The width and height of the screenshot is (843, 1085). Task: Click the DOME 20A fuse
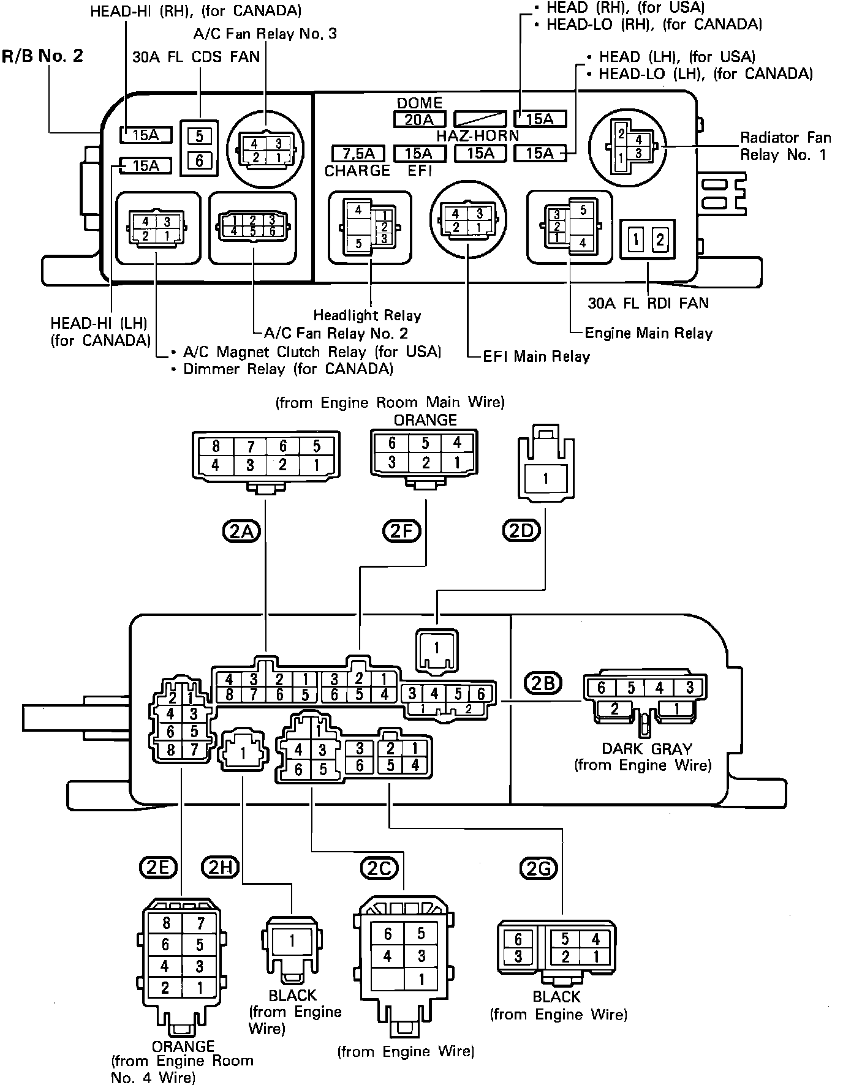click(x=419, y=119)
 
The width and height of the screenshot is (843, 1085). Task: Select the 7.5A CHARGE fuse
click(x=357, y=153)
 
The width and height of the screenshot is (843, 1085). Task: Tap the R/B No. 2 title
click(x=42, y=56)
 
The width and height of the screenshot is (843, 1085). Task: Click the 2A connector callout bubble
click(x=241, y=531)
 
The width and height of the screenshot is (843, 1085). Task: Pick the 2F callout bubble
click(x=401, y=531)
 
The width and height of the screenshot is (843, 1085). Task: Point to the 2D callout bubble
click(x=521, y=531)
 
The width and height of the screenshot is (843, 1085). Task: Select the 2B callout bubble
click(x=543, y=682)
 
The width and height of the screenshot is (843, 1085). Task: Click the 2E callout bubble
click(x=158, y=867)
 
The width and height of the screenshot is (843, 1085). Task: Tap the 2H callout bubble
click(x=220, y=867)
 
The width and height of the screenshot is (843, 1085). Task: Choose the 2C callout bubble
click(x=380, y=868)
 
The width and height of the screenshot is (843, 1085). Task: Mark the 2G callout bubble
click(x=539, y=868)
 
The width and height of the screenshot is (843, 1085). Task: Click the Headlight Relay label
click(x=367, y=316)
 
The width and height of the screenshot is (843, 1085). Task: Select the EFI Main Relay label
click(x=536, y=357)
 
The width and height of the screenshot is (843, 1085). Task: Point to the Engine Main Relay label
click(x=648, y=334)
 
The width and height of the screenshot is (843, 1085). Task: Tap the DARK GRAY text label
click(x=646, y=749)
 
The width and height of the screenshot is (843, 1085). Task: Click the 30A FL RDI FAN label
click(x=648, y=303)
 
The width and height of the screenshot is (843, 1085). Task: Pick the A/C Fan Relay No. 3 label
click(x=265, y=34)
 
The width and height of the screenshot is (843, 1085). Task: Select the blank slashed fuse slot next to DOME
click(x=480, y=119)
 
